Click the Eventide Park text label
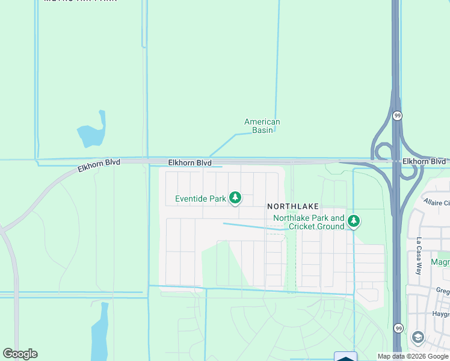(200, 199)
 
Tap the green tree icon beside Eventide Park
(235, 198)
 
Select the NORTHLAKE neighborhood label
(292, 206)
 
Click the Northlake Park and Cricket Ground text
(309, 222)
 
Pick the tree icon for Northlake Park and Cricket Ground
(354, 221)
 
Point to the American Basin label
(262, 126)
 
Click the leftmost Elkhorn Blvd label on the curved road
(99, 165)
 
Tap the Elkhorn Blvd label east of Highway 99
(424, 162)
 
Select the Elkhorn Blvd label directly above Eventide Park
(190, 163)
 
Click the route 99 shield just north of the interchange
(397, 115)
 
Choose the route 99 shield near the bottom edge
(398, 328)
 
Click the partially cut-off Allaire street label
(436, 202)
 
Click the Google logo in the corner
(20, 354)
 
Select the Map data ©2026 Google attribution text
(413, 356)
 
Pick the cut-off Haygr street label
(441, 314)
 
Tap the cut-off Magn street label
(440, 262)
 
